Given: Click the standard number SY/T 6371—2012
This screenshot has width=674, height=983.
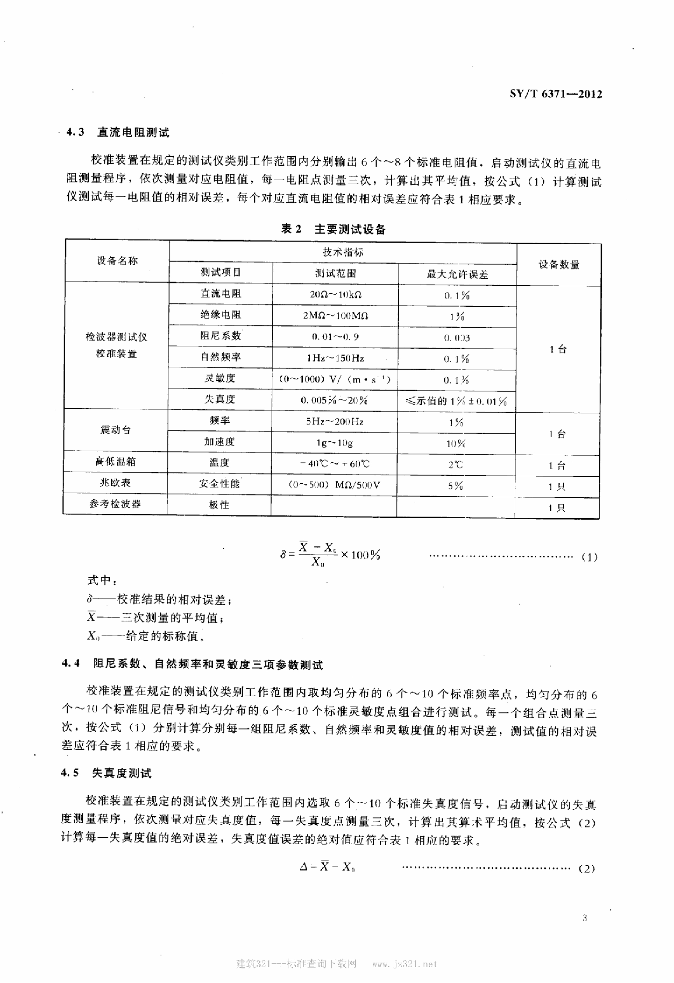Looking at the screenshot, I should click(556, 94).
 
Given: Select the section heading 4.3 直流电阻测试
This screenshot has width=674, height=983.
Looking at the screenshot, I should click(118, 132).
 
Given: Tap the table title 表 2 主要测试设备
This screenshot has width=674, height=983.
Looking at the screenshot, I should click(333, 229).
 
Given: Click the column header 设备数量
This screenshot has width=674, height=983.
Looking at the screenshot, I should click(558, 265).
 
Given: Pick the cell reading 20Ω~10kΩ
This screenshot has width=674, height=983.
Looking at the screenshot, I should click(335, 294).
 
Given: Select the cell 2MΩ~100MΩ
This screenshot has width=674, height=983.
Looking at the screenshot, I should click(335, 316).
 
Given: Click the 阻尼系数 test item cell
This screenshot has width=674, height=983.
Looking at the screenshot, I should click(220, 336).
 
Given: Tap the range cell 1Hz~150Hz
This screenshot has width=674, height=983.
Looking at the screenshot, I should click(335, 358).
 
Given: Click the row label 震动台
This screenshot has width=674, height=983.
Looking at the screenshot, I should click(116, 430).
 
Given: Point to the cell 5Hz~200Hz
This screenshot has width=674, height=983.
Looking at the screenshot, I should click(334, 422).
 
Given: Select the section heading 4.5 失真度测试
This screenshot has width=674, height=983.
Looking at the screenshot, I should click(106, 773).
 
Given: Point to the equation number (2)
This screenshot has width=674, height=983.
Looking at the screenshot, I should click(586, 869).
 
